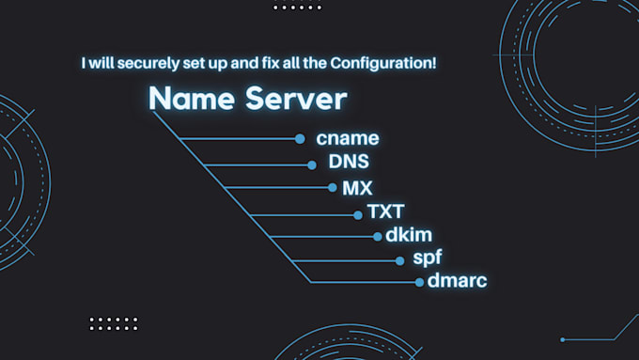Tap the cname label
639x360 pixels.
348,139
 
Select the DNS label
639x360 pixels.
349,162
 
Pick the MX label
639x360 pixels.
357,188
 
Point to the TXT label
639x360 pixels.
385,212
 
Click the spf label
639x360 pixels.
427,258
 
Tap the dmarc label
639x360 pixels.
458,280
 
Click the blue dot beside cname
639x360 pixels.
300,139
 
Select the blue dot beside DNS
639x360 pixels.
312,164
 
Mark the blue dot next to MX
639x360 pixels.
333,188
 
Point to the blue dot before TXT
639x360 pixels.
357,214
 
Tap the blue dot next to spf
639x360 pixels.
397,259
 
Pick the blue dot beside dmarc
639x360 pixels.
419,282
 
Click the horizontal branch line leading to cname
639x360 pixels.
240,139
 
